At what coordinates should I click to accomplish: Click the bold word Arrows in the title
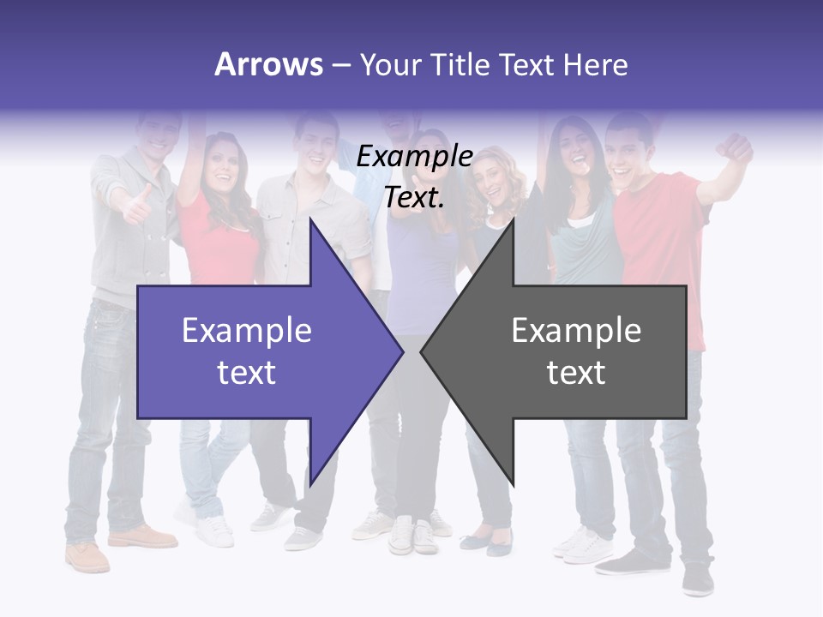[268, 64]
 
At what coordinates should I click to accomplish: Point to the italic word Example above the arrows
[415, 157]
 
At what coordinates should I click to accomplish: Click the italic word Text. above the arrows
[415, 198]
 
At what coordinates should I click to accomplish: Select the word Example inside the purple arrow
[247, 330]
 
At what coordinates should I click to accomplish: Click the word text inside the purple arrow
[247, 372]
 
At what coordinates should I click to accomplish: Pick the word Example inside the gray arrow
[576, 330]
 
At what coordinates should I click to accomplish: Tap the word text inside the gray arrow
[576, 372]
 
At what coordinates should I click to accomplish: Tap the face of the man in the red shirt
[628, 153]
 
